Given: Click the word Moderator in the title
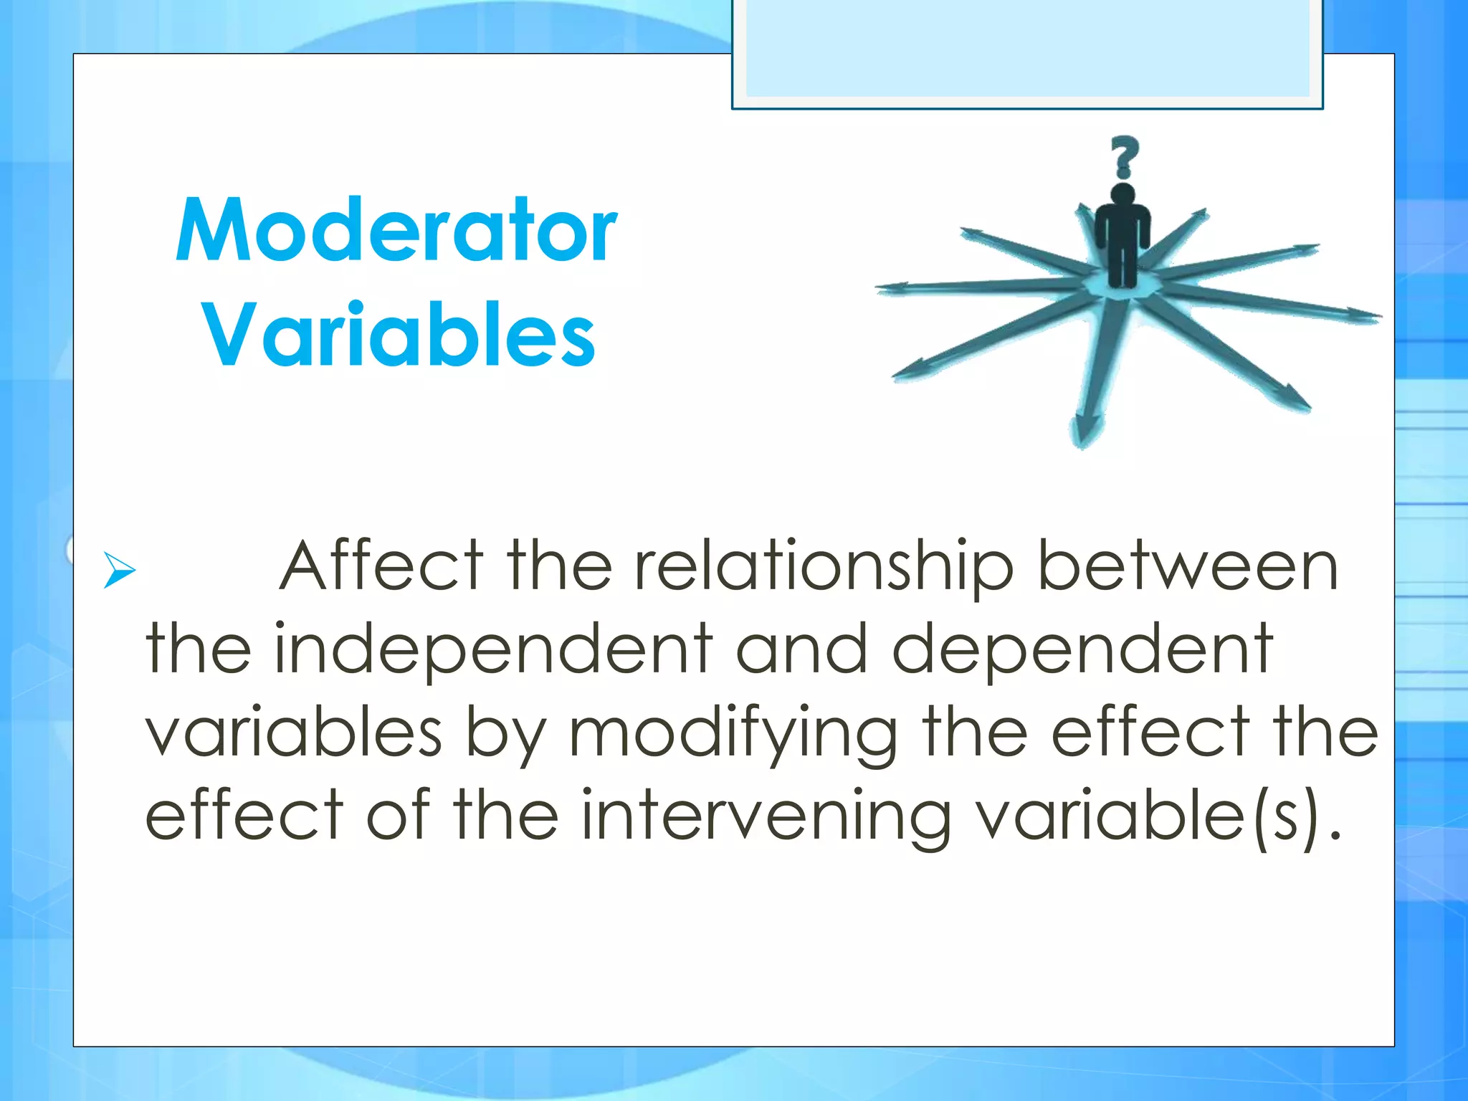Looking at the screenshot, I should point(396,231).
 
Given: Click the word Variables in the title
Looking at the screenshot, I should point(399,335).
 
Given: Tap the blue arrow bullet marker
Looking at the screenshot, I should point(119,570).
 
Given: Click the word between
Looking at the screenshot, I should point(1188,566).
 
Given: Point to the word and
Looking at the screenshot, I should point(802,649).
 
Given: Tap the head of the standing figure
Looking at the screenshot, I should point(1123,195).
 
